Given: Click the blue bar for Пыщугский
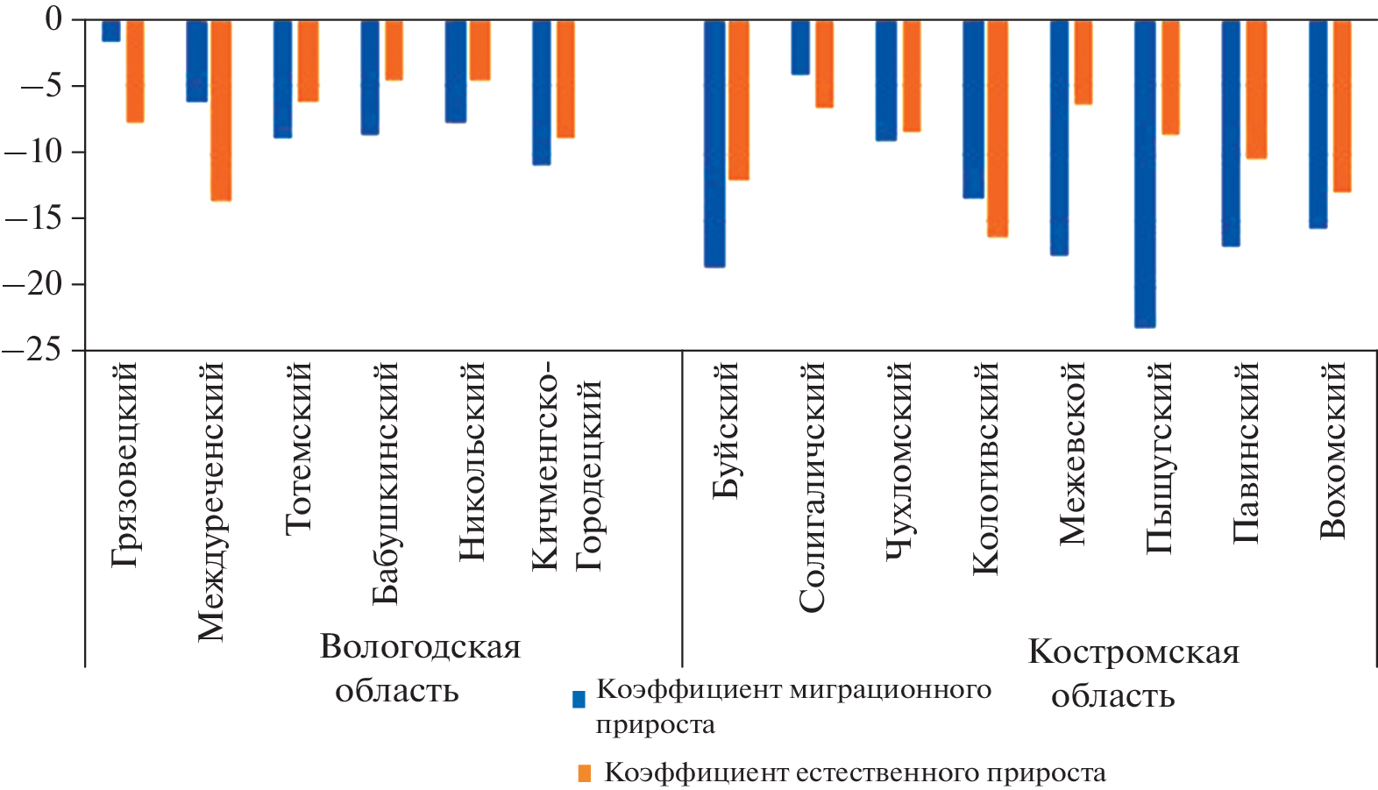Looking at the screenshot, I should (x=1145, y=174).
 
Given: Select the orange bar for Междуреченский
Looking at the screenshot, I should (x=220, y=110).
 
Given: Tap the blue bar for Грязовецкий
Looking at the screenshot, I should (x=111, y=31).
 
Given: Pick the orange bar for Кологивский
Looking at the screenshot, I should (x=998, y=128).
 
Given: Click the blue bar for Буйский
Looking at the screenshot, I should (x=714, y=143).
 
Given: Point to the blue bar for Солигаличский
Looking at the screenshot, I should (x=800, y=47).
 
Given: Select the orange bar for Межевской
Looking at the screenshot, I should (x=1083, y=62).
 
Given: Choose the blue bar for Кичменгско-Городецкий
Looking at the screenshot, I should (x=542, y=92).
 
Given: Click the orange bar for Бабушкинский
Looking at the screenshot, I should (x=394, y=50).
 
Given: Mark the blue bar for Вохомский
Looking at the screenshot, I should (x=1318, y=124).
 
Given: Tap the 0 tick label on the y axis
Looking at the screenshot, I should (x=53, y=19).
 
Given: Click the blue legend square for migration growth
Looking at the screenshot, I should (x=579, y=699).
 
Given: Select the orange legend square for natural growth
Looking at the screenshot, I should (x=585, y=773).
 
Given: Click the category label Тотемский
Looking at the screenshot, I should (x=299, y=447).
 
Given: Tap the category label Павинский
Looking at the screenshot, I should (x=1246, y=452).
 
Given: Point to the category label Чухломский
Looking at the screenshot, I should (x=899, y=460).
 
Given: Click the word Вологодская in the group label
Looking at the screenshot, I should (x=420, y=647).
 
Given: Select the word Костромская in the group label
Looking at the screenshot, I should (x=1133, y=652).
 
